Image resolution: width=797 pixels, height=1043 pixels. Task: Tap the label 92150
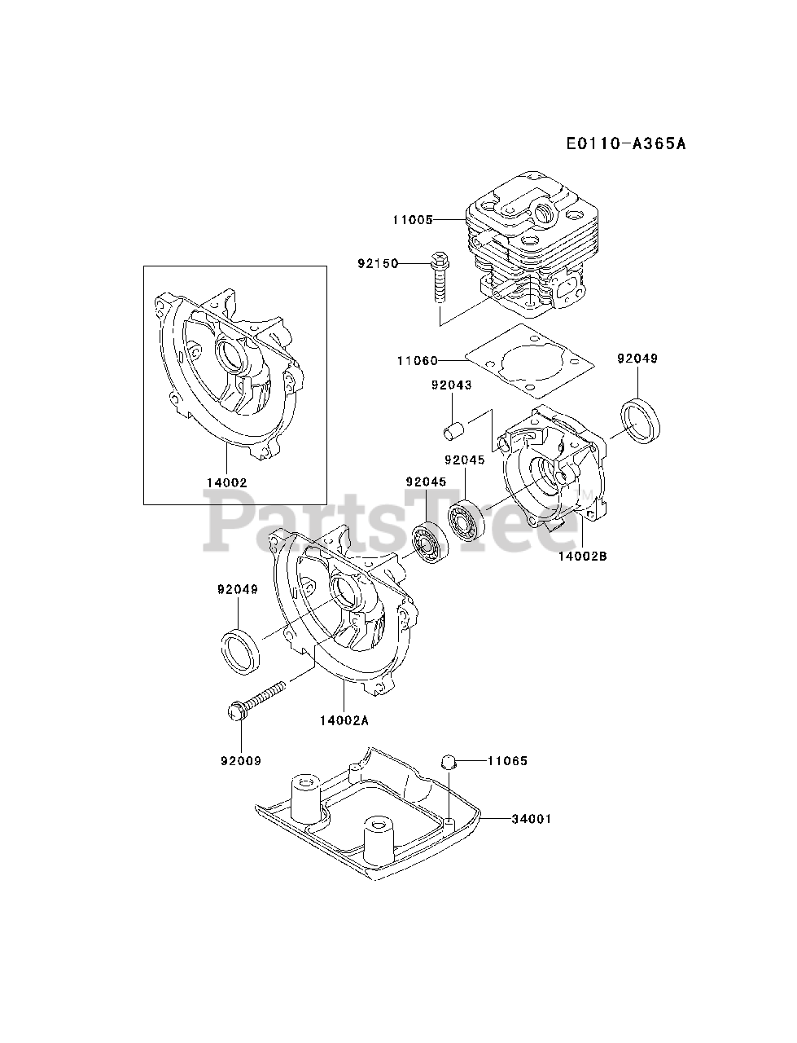tap(377, 263)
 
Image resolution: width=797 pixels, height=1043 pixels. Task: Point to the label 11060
tap(418, 359)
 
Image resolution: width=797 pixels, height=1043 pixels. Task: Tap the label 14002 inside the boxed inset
tap(226, 482)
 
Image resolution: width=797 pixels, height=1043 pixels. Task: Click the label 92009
tap(240, 761)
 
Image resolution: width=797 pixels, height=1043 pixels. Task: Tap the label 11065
tap(507, 761)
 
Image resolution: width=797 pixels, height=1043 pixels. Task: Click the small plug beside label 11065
tap(447, 761)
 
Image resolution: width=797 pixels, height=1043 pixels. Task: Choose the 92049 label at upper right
tap(637, 358)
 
